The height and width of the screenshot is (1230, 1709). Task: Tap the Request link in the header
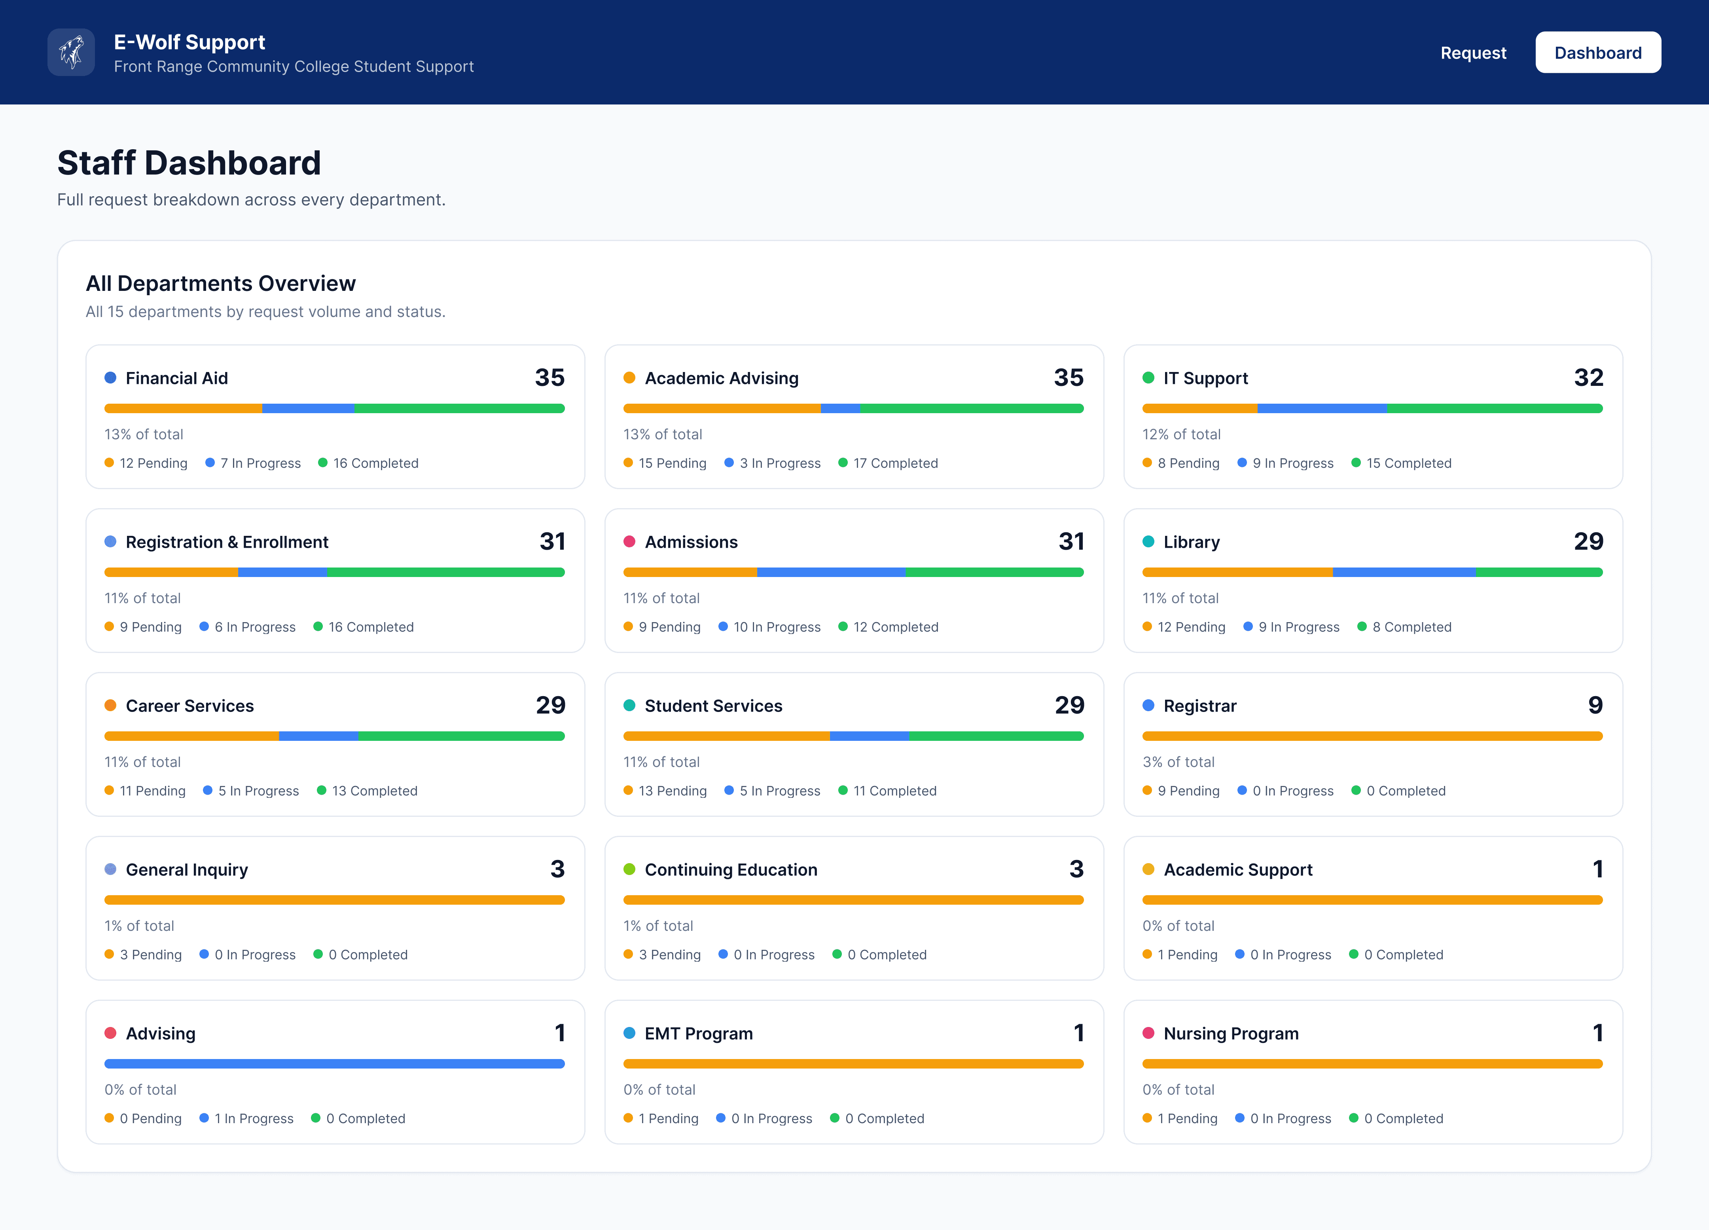(x=1473, y=53)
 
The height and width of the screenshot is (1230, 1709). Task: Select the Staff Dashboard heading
(x=189, y=163)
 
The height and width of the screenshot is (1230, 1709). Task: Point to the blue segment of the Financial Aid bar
(x=308, y=408)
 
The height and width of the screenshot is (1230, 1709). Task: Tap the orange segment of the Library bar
(x=1237, y=572)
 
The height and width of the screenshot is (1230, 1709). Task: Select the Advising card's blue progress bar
(x=335, y=1063)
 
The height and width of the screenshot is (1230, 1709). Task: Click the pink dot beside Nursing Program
(x=1148, y=1033)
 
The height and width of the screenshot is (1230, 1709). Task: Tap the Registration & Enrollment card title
(x=227, y=542)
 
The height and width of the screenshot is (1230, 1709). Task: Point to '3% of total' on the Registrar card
(x=1178, y=762)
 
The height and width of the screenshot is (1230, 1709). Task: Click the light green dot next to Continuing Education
(x=629, y=869)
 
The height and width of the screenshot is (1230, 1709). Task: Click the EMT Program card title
(x=699, y=1033)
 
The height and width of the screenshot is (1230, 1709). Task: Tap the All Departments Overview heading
(x=221, y=283)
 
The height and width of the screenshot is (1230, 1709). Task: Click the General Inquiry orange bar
(x=335, y=900)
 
